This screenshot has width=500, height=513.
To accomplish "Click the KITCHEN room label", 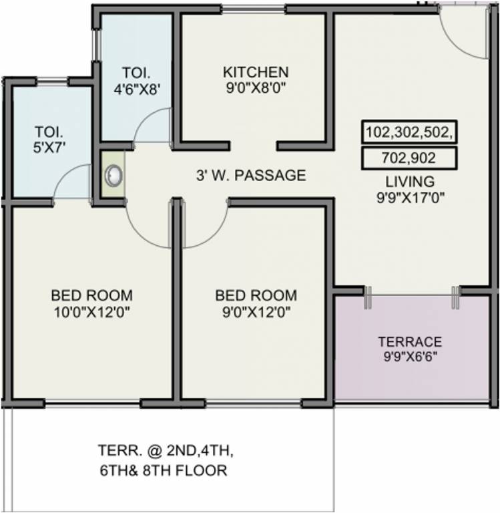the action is point(256,72).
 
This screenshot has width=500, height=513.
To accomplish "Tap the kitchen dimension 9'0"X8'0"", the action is point(256,88).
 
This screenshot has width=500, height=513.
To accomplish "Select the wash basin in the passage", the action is point(113,175).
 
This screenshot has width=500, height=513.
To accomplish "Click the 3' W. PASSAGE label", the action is point(251,176).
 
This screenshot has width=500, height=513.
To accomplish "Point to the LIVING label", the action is point(410,182).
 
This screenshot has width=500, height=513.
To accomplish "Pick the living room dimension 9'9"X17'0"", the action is point(411,198).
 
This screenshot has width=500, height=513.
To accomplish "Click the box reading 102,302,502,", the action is point(409,132).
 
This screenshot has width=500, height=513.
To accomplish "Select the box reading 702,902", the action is point(409,158).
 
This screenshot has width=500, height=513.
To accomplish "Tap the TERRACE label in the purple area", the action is point(410,341).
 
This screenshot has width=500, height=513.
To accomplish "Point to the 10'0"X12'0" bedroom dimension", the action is point(92,312).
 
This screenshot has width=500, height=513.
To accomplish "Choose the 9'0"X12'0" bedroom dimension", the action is point(256,312).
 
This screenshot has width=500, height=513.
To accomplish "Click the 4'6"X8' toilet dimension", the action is point(137,89).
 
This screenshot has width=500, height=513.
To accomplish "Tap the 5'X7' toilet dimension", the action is point(49,148).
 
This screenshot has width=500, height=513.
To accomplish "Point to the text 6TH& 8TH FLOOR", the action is point(164,470).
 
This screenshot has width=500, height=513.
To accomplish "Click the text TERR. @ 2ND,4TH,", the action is point(166,451).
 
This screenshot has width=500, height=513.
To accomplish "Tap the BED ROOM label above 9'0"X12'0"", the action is point(256,295).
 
